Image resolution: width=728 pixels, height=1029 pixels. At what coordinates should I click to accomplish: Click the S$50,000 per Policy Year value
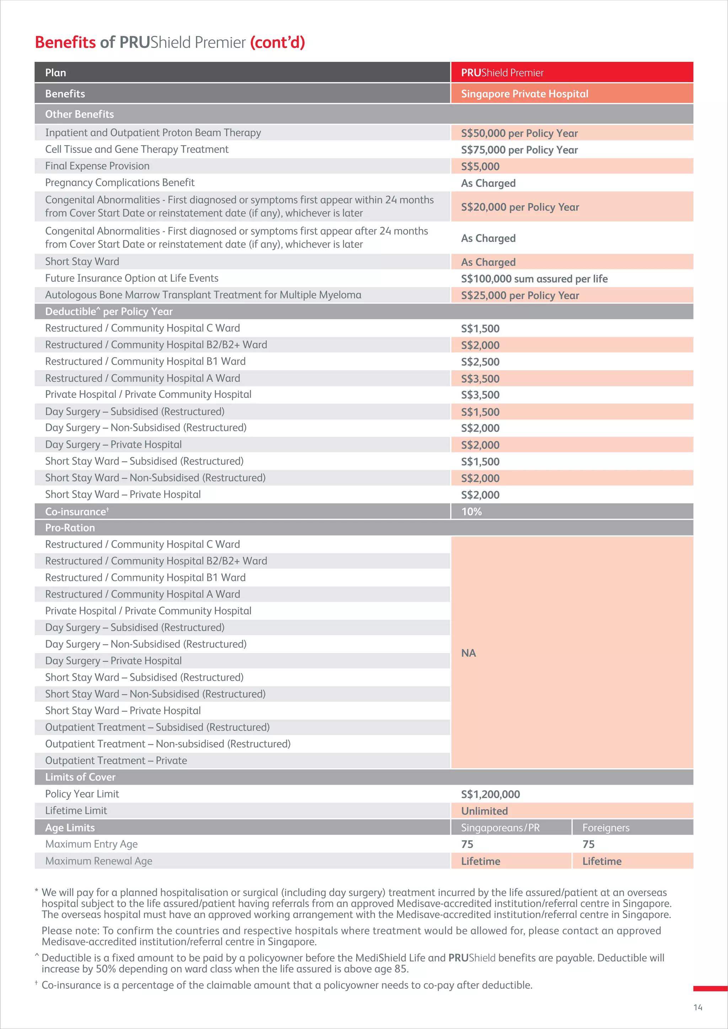[x=519, y=133]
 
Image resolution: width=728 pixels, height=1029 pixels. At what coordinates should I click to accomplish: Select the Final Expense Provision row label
[x=97, y=166]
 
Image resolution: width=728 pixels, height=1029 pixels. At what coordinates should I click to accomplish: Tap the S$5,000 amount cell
[x=480, y=166]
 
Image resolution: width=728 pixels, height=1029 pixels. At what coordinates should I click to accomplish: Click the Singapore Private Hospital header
[x=524, y=94]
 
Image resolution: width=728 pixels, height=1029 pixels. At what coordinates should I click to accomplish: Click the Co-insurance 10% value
[x=472, y=511]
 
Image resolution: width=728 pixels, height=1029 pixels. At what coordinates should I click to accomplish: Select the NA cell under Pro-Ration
[x=469, y=653]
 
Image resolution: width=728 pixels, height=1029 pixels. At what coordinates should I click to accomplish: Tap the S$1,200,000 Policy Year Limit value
[x=491, y=794]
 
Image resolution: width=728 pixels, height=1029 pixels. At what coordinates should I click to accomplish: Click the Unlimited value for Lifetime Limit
[x=484, y=811]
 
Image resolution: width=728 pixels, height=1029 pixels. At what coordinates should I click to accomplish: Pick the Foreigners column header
[x=606, y=828]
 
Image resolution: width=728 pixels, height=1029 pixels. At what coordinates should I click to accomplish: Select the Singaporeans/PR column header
[x=500, y=828]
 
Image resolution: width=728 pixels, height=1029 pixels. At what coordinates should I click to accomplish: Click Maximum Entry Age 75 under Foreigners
[x=588, y=844]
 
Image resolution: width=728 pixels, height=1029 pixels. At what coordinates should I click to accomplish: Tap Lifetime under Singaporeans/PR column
[x=481, y=861]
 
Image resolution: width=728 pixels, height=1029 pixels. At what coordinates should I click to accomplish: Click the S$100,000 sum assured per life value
[x=534, y=279]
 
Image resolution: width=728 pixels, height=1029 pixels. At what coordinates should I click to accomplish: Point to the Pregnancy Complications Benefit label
[x=120, y=182]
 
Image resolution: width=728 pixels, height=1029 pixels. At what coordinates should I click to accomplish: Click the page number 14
[x=697, y=1007]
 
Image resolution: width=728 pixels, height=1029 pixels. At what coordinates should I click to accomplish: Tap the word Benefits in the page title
[x=65, y=42]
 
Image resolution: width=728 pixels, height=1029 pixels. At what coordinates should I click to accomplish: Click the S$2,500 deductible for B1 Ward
[x=480, y=362]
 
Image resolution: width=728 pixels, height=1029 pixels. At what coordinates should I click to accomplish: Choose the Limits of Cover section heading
[x=80, y=777]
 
